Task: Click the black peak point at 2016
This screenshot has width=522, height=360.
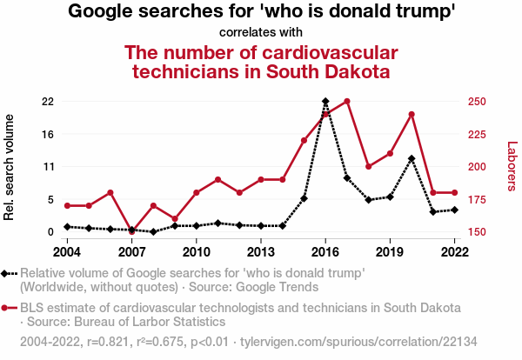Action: (x=325, y=102)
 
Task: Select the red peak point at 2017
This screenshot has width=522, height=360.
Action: (x=347, y=102)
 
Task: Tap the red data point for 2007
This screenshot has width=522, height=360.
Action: (x=132, y=231)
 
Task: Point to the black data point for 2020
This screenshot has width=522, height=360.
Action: (x=412, y=158)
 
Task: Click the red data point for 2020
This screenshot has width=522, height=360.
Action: (x=412, y=115)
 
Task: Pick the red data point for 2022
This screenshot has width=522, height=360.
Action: (x=455, y=192)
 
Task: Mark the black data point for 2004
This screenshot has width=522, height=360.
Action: (x=67, y=227)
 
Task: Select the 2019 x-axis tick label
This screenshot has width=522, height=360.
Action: (x=390, y=252)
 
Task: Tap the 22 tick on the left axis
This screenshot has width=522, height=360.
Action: (x=48, y=102)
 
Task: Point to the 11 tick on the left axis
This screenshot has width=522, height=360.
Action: (x=48, y=167)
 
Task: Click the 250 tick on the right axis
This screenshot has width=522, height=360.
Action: (x=476, y=102)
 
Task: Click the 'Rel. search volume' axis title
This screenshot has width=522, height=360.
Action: (x=10, y=167)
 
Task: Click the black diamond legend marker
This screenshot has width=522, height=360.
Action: (x=10, y=274)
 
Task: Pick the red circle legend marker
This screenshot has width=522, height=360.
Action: (x=10, y=308)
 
